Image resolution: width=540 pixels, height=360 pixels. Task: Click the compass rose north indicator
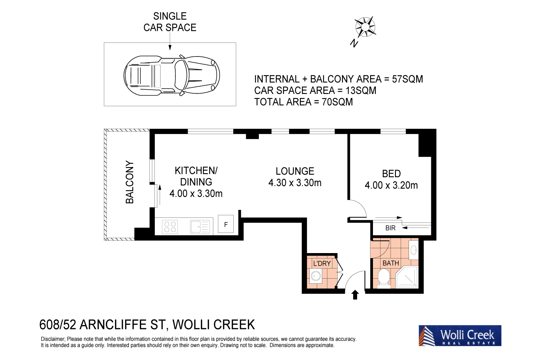coord(365,27)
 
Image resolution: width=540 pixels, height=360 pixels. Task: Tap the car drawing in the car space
coord(171,75)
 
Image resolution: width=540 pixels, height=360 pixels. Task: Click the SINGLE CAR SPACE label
coord(170,22)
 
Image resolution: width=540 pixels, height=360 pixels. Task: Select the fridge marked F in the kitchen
coord(226,225)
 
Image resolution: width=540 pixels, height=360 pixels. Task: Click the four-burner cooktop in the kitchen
coord(170,227)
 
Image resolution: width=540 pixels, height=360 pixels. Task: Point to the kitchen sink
coord(199,227)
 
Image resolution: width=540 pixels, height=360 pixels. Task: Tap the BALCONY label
coord(130,182)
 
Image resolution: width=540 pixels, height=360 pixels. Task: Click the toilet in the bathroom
coord(383,278)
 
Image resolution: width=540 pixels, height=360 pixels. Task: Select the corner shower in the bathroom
coord(407,277)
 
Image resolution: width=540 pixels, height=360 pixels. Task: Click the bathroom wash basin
coord(414,249)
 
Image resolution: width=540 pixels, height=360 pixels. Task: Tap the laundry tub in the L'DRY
coord(316,276)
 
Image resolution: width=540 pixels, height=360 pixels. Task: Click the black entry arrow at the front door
coord(355,295)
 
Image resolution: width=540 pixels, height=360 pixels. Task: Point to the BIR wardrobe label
coord(390,228)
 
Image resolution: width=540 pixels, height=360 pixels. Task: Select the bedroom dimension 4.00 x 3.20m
coord(391,185)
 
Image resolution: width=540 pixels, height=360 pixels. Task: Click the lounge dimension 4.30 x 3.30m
coord(295,183)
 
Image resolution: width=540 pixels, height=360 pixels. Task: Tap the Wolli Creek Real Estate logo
coord(460,336)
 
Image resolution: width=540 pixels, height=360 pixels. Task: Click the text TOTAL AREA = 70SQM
coord(303,102)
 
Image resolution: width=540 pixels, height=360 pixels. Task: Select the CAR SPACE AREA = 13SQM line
coord(315,90)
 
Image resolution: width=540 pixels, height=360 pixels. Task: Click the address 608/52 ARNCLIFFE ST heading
coord(147,325)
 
